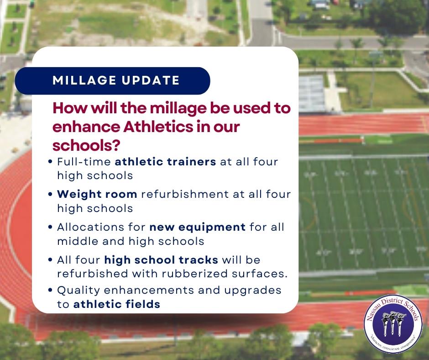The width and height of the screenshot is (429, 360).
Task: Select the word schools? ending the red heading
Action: (86, 145)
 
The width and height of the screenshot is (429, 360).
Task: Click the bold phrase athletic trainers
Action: (165, 162)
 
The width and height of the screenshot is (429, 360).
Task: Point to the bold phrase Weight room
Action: (97, 194)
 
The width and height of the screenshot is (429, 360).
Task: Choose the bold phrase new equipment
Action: (198, 227)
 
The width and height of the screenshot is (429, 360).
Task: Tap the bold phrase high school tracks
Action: (161, 260)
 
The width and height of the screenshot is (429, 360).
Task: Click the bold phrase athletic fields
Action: (117, 304)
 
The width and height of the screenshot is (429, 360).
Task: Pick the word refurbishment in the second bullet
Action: (185, 194)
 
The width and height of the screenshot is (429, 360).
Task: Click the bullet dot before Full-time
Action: (50, 162)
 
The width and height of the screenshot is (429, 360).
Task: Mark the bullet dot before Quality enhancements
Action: (50, 290)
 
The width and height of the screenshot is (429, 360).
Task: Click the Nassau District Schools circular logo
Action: (393, 324)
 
